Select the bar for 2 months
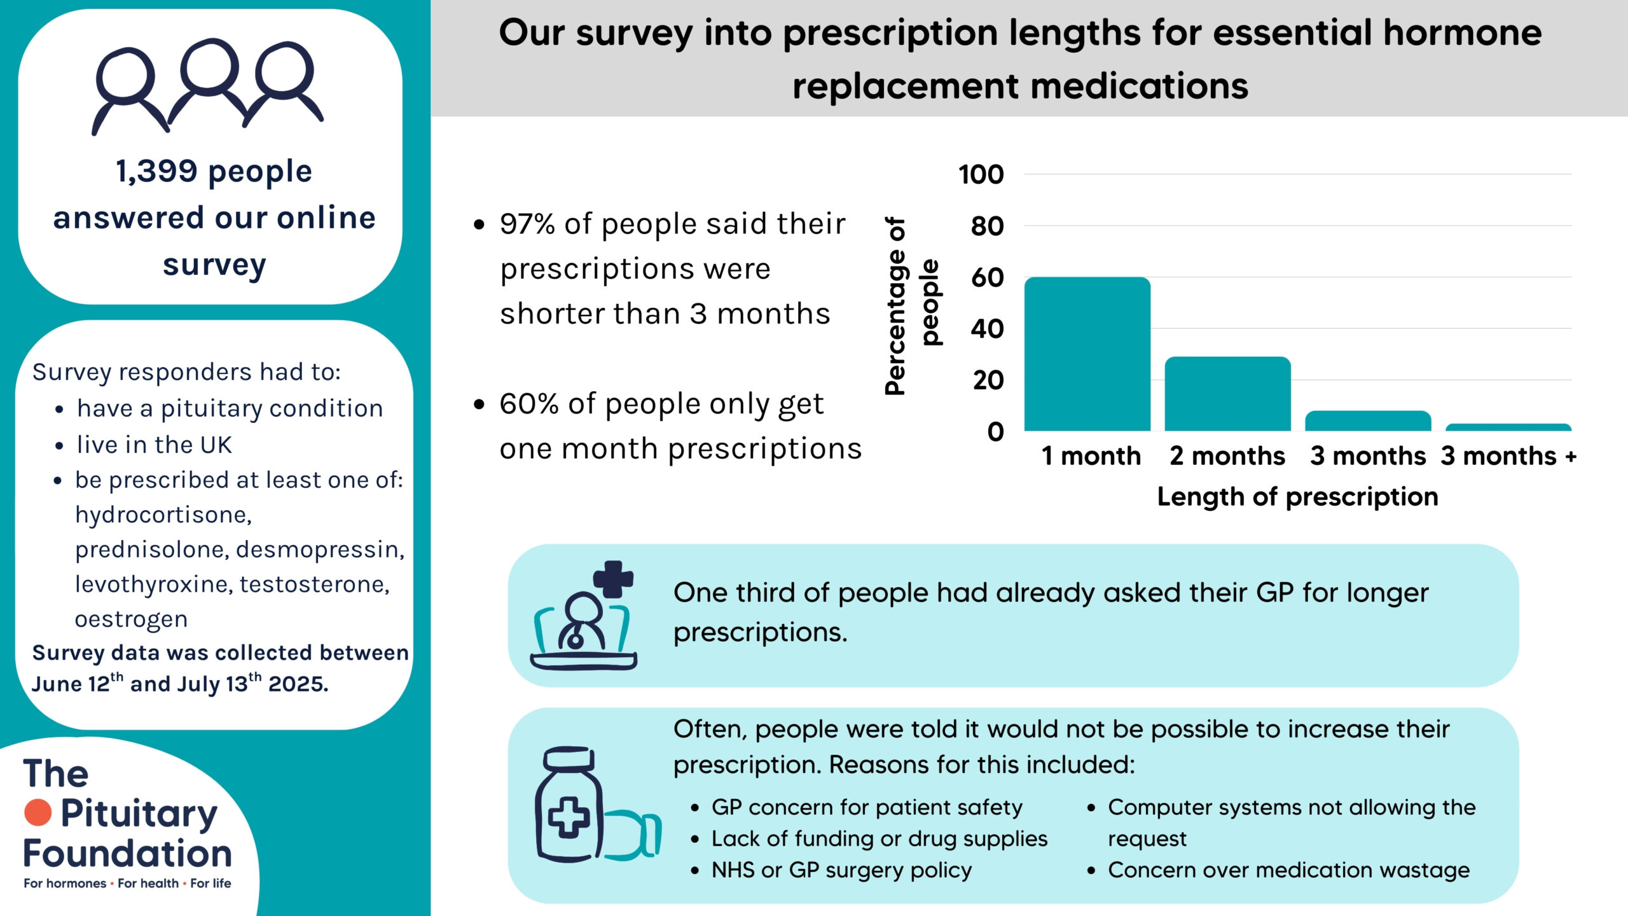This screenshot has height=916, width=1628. pos(1227,394)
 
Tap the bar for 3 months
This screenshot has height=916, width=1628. pos(1368,421)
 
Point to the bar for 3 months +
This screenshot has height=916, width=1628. pos(1508,427)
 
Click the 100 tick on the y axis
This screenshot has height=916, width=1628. pos(981,174)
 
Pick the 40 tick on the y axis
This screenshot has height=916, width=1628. pos(987,329)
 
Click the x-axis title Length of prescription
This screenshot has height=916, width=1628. pos(1297,497)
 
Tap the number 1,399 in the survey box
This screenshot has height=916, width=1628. pos(156,171)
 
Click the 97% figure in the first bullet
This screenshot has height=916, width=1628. pos(527,224)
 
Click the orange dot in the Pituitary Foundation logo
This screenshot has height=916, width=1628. pos(38,812)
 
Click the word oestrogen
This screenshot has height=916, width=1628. pos(131,619)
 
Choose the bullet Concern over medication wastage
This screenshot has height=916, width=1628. pos(1288,870)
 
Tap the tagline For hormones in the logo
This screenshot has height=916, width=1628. pos(65,884)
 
